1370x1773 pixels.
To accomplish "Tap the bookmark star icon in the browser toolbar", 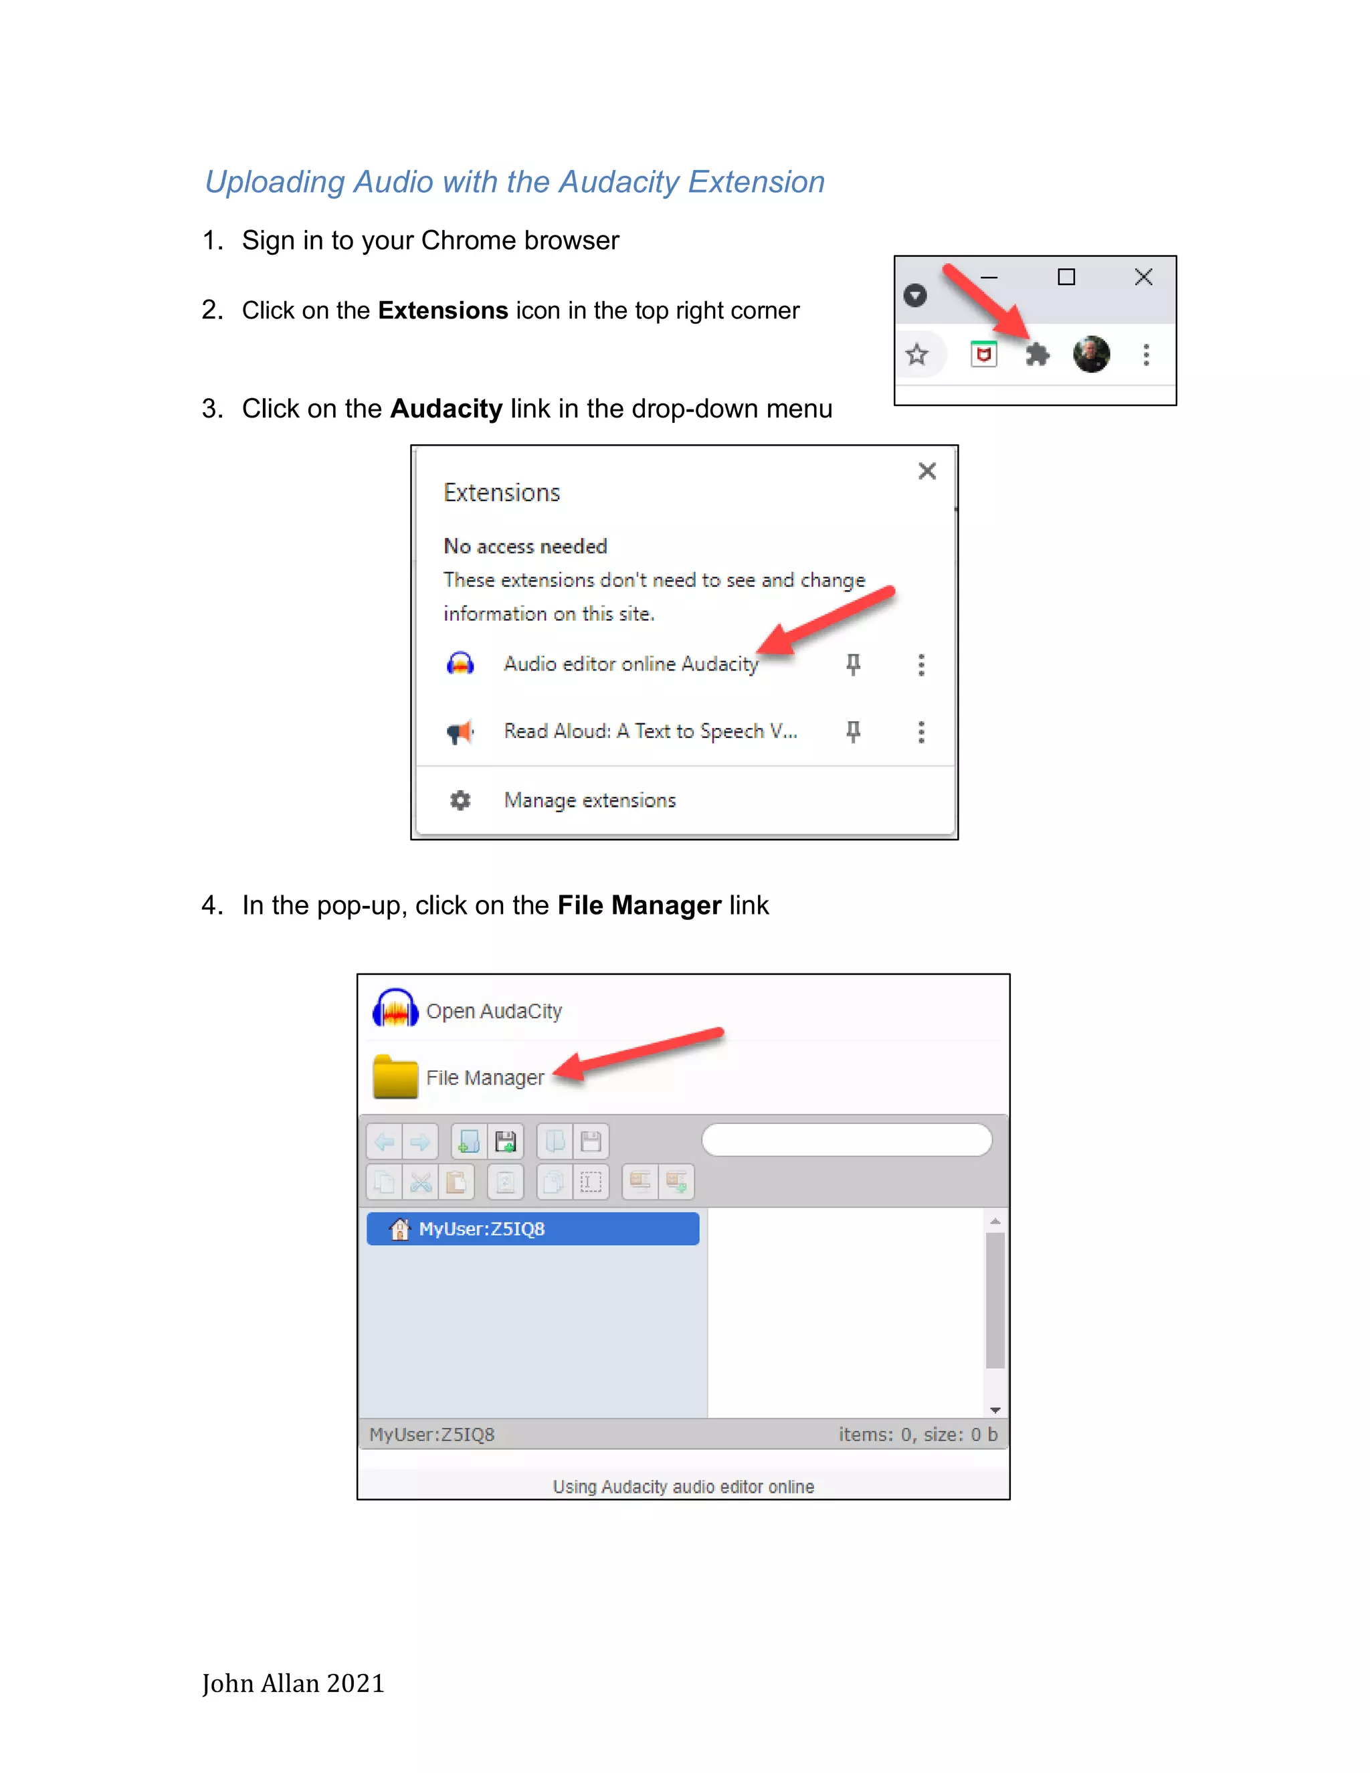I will [916, 355].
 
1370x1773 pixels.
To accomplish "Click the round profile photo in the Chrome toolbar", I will [1091, 354].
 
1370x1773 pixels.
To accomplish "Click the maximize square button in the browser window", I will [1066, 278].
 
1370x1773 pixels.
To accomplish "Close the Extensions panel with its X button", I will [927, 471].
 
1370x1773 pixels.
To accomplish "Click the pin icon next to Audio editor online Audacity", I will [853, 665].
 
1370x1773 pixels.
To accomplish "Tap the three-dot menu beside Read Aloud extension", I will [920, 732].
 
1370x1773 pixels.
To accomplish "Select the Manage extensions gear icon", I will [460, 800].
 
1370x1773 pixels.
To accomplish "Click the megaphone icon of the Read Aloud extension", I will [460, 732].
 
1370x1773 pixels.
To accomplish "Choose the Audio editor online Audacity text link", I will [631, 664].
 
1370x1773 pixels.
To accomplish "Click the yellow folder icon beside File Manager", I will [395, 1077].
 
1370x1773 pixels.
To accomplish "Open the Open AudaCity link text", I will [494, 1012].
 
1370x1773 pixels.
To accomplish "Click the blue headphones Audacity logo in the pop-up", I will [395, 1009].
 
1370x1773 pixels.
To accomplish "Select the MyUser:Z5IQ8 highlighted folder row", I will [532, 1229].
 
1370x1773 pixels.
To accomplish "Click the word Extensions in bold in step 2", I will [442, 311].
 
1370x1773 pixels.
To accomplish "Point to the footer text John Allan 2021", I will [293, 1683].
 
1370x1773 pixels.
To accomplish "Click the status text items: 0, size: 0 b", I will [917, 1434].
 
